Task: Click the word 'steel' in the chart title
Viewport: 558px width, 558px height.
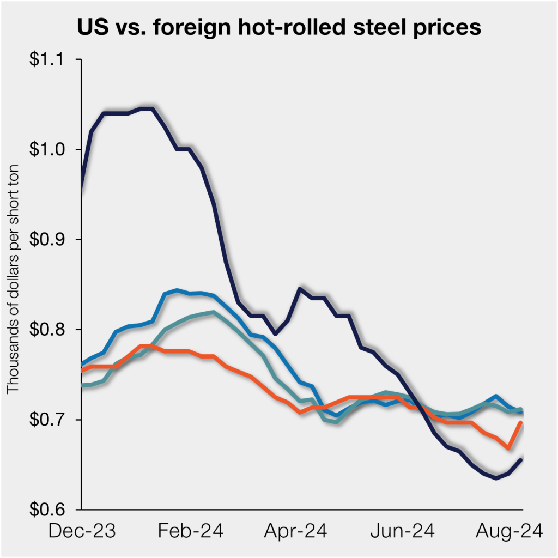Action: pos(360,27)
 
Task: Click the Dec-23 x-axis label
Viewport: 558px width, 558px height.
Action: pos(82,531)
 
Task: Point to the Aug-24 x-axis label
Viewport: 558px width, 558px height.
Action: pos(511,531)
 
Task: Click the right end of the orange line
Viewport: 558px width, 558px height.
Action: pos(521,423)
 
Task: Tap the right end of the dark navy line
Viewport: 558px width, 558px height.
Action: pos(521,460)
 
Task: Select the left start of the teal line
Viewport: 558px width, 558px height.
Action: pos(82,385)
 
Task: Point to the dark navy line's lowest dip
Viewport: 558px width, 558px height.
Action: pos(496,478)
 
